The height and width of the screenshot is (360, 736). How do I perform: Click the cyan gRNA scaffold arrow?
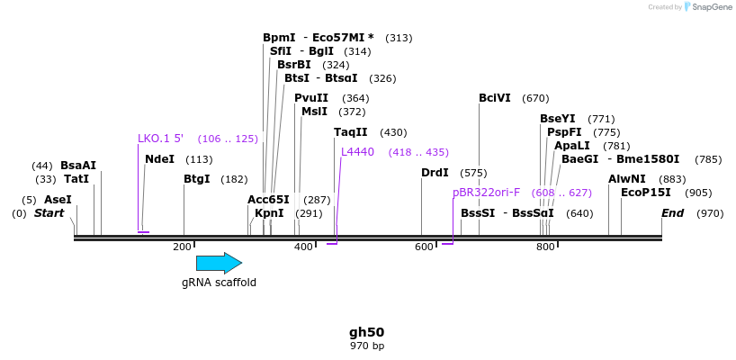coord(219,263)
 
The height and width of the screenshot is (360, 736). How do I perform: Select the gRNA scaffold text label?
coord(219,283)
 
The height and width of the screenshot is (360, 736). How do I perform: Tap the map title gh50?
coord(366,332)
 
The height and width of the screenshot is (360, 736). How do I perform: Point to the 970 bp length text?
coord(366,346)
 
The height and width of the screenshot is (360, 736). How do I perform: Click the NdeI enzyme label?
coord(159,159)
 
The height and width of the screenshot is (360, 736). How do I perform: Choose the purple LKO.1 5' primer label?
coord(160,139)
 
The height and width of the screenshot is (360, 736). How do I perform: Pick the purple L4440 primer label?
coord(357,152)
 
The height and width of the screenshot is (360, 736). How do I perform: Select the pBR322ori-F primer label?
coord(486,193)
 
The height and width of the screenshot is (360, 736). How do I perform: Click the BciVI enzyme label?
coord(494,98)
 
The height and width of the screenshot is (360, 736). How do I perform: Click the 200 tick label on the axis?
coord(183,247)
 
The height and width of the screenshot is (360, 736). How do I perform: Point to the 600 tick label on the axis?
coord(424,247)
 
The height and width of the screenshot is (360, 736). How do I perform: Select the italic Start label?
coord(49,213)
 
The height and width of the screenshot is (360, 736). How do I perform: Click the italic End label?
coord(672,213)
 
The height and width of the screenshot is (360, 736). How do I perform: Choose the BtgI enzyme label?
coord(196,179)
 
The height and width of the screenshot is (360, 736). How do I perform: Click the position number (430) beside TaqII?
coord(393,132)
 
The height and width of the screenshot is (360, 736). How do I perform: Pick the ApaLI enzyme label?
coord(572,146)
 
